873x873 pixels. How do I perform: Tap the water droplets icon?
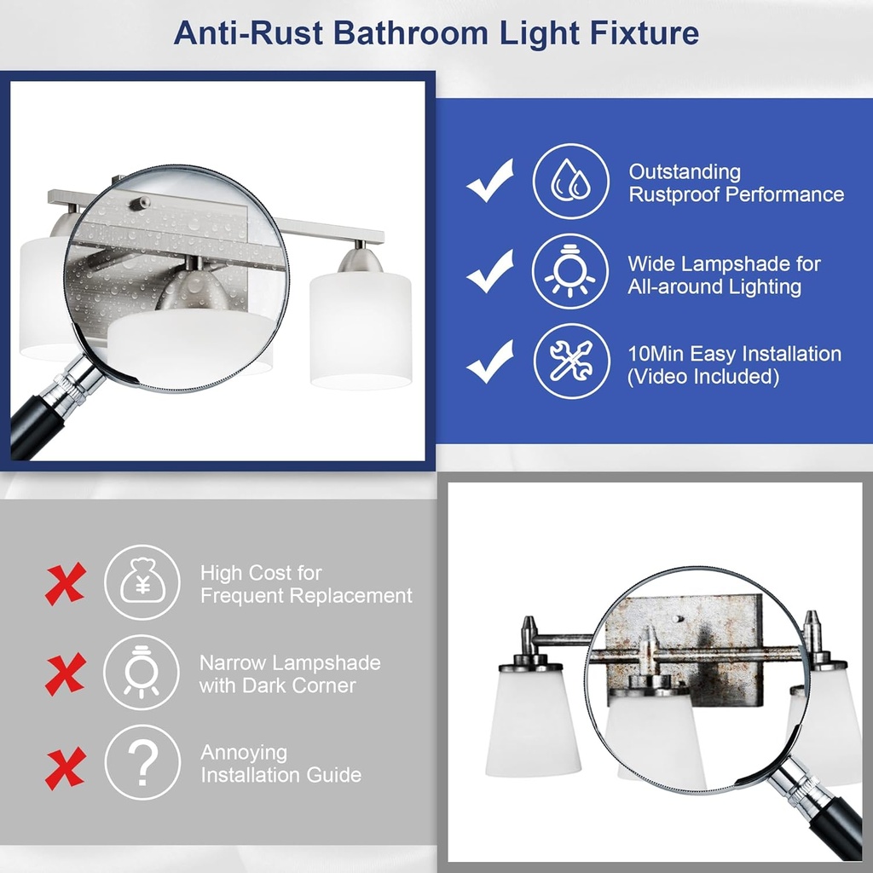[570, 182]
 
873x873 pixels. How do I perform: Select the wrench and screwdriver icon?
[570, 361]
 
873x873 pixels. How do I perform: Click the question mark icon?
[142, 761]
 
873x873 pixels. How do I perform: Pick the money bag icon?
[142, 582]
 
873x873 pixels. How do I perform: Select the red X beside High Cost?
[66, 584]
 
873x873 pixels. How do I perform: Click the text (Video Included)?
[703, 376]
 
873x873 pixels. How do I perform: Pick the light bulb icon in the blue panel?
[570, 271]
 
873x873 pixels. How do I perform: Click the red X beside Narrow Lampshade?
[66, 674]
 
